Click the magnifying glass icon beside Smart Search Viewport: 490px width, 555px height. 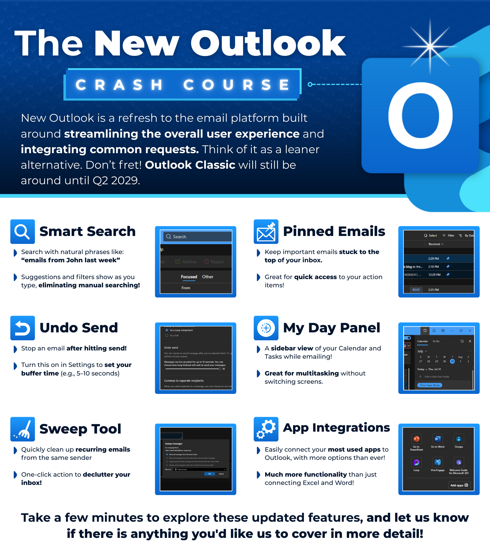pyautogui.click(x=22, y=232)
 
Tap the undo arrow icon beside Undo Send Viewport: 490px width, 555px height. pyautogui.click(x=22, y=328)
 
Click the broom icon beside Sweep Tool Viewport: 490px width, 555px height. pyautogui.click(x=22, y=429)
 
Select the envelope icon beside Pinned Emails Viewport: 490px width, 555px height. pyautogui.click(x=266, y=232)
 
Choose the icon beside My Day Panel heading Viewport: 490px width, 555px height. pyautogui.click(x=266, y=328)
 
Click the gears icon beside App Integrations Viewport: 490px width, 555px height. pyautogui.click(x=266, y=429)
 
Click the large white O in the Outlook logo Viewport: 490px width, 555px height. pyautogui.click(x=420, y=116)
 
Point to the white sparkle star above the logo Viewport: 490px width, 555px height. pyautogui.click(x=430, y=46)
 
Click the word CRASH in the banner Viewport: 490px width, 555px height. pyautogui.click(x=119, y=85)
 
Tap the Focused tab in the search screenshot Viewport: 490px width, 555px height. pyautogui.click(x=189, y=277)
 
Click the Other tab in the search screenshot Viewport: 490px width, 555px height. pyautogui.click(x=208, y=277)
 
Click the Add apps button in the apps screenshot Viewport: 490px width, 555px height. pyautogui.click(x=459, y=485)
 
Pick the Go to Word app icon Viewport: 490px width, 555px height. pyautogui.click(x=437, y=439)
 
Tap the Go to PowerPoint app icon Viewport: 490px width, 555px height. pyautogui.click(x=416, y=439)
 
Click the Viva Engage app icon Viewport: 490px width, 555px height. pyautogui.click(x=437, y=462)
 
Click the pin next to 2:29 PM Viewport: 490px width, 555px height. pyautogui.click(x=448, y=258)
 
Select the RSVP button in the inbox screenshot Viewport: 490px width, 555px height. pyautogui.click(x=416, y=290)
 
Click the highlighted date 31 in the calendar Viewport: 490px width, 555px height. pyautogui.click(x=452, y=361)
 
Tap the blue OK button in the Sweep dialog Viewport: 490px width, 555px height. pyautogui.click(x=209, y=474)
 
